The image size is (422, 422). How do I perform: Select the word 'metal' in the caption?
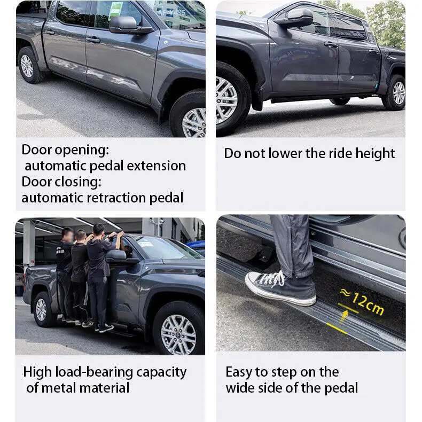tap(63, 388)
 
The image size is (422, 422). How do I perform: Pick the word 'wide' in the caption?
tap(243, 388)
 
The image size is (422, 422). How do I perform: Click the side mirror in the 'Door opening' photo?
tap(124, 24)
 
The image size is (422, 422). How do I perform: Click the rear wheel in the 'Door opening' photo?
tap(27, 65)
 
